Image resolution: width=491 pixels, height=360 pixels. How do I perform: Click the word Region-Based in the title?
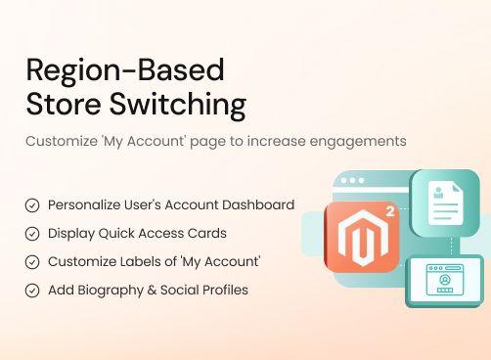pos(125,70)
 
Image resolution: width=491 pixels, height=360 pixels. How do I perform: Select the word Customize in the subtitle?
pos(62,141)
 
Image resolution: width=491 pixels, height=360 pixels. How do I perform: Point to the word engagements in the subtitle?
pos(356,141)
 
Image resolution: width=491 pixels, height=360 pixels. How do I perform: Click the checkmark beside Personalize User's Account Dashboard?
pos(32,205)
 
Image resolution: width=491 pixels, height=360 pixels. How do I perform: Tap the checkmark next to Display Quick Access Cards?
pos(32,234)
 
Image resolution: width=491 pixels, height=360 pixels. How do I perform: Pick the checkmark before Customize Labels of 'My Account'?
pos(32,262)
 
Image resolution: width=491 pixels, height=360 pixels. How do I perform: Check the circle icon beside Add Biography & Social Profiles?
pos(32,291)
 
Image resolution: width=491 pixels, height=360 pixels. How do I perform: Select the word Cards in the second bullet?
pos(207,234)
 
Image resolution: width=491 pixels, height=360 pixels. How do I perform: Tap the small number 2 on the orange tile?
pos(390,210)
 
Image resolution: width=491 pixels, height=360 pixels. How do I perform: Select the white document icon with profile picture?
pos(444,202)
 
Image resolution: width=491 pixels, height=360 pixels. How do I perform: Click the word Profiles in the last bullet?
pos(222,291)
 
